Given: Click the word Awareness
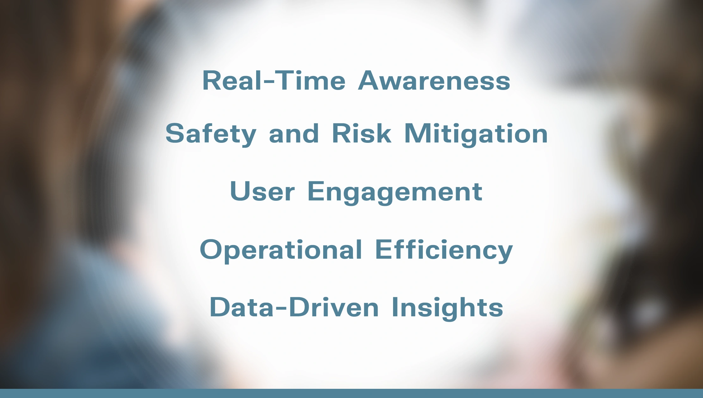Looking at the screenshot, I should (x=434, y=81).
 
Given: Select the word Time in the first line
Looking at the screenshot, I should (x=311, y=81).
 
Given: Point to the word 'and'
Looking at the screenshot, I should (x=294, y=134).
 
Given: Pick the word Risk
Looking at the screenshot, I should (x=361, y=134).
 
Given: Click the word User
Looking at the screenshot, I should (x=262, y=192).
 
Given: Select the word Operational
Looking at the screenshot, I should (x=281, y=250).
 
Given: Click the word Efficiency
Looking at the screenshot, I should (x=444, y=250).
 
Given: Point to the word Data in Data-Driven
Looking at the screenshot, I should (x=242, y=307).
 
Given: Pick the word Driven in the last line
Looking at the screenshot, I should (x=334, y=307).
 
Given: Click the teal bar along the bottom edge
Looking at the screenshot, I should (x=351, y=393).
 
